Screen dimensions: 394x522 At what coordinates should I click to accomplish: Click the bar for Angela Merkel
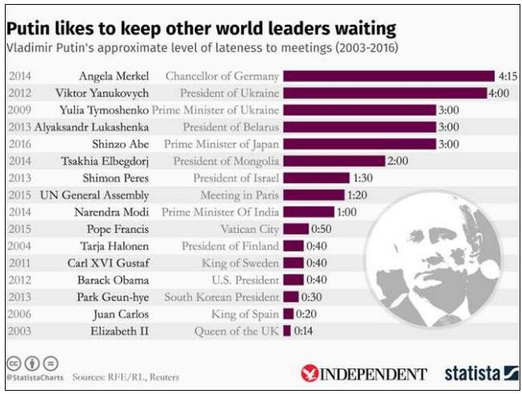pos(388,76)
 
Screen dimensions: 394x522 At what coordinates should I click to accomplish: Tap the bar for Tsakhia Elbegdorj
pos(333,161)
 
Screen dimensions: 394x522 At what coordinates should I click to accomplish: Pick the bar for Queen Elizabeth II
pos(288,330)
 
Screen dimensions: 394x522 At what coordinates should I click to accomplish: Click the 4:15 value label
pos(507,76)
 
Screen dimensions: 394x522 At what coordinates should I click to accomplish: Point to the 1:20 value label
pos(356,195)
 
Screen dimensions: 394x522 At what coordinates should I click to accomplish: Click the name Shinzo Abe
pos(125,144)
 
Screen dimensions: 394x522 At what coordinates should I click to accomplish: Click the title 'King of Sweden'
pos(239,263)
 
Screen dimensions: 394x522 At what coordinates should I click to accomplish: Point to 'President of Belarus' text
pos(230,127)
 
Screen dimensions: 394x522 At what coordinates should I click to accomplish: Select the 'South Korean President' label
pos(222,297)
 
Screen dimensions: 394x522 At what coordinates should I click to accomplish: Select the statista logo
pos(482,373)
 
